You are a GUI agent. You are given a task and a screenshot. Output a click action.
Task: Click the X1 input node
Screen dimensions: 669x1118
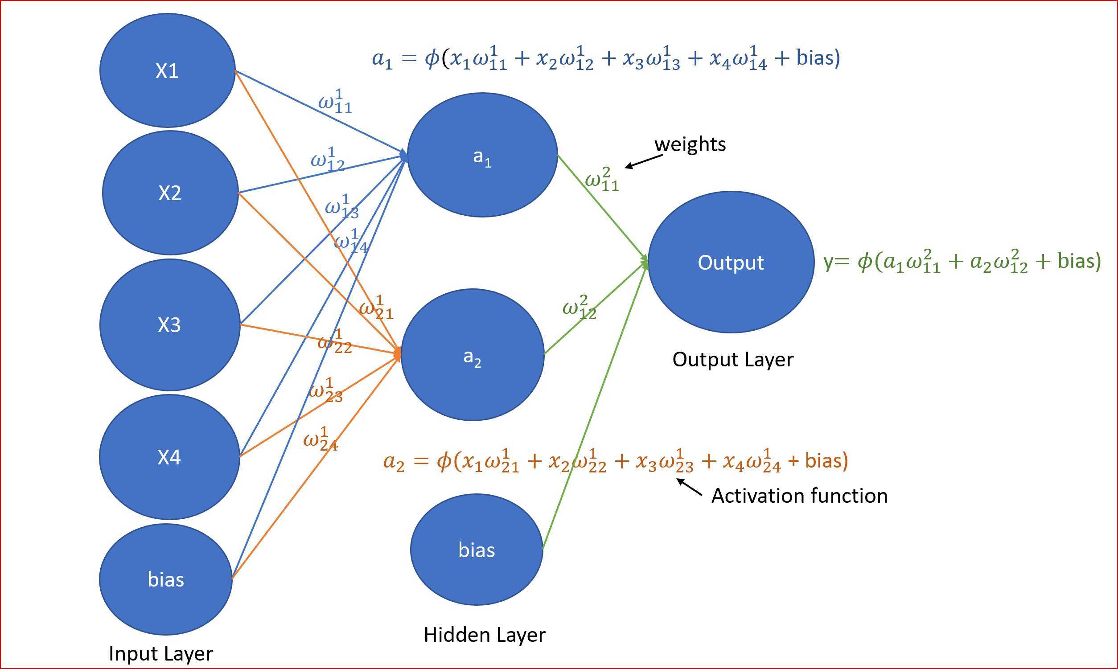[167, 70]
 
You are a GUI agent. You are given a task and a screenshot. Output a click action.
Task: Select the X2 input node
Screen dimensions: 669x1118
[170, 193]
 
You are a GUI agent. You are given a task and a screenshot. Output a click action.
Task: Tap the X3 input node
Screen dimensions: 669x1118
[169, 324]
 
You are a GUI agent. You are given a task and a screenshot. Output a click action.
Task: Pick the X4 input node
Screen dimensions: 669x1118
[169, 457]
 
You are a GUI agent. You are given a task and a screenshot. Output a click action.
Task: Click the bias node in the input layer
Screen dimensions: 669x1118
[165, 579]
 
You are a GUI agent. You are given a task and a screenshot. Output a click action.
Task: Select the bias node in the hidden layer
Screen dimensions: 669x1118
[477, 550]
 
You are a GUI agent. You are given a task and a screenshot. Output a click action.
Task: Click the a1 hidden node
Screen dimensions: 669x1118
[482, 156]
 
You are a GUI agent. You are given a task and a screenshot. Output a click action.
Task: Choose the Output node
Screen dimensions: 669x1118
[731, 263]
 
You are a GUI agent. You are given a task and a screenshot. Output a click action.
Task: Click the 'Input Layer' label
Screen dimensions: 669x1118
[161, 653]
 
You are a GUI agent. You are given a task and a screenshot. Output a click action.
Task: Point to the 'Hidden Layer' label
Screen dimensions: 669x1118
[485, 634]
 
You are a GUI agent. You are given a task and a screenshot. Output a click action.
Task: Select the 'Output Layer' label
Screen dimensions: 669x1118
[732, 359]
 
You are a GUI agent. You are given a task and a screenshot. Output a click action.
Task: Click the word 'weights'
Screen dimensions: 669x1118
[690, 144]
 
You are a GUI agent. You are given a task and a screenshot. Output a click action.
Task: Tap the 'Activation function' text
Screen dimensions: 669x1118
[799, 496]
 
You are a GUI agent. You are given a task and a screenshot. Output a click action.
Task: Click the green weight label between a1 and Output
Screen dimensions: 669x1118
[602, 180]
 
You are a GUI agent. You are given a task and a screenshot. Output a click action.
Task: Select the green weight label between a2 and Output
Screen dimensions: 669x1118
[580, 308]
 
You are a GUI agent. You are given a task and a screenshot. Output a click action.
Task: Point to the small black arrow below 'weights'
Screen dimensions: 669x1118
[644, 162]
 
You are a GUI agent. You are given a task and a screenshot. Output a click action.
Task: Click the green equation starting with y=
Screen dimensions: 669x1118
[962, 262]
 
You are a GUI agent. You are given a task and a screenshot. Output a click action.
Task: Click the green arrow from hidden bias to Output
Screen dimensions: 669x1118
[595, 406]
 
